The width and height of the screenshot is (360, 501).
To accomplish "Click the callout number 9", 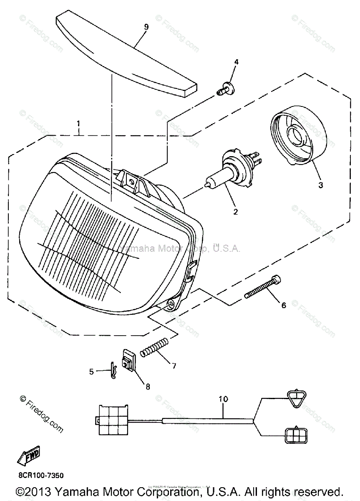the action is pos(146,27).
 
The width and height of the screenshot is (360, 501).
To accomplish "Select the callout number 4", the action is pos(236,62).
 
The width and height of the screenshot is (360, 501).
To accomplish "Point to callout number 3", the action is pos(321,185).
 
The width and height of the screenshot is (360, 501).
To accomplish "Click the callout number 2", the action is pos(236,212).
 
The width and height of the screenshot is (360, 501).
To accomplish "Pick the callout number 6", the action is pos(284,305).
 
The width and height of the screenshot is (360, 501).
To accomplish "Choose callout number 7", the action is pos(174,366).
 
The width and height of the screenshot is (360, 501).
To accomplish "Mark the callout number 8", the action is pos(147,387).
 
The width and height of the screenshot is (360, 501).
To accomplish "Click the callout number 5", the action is pos(91,371).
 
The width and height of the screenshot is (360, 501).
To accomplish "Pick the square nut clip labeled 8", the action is pos(129,360).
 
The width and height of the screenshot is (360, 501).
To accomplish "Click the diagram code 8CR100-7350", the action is pos(41,476).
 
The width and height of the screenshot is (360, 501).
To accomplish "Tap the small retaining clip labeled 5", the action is pos(113,371).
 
